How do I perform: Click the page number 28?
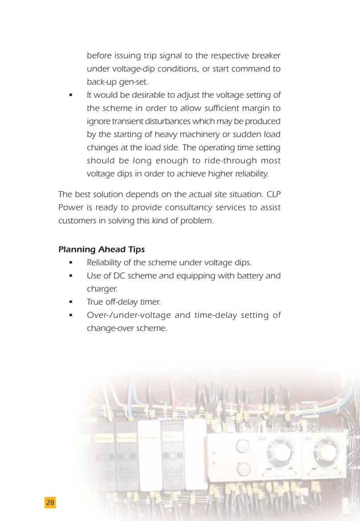pyautogui.click(x=50, y=503)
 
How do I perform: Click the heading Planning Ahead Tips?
pyautogui.click(x=101, y=250)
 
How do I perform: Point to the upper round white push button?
pyautogui.click(x=244, y=447)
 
